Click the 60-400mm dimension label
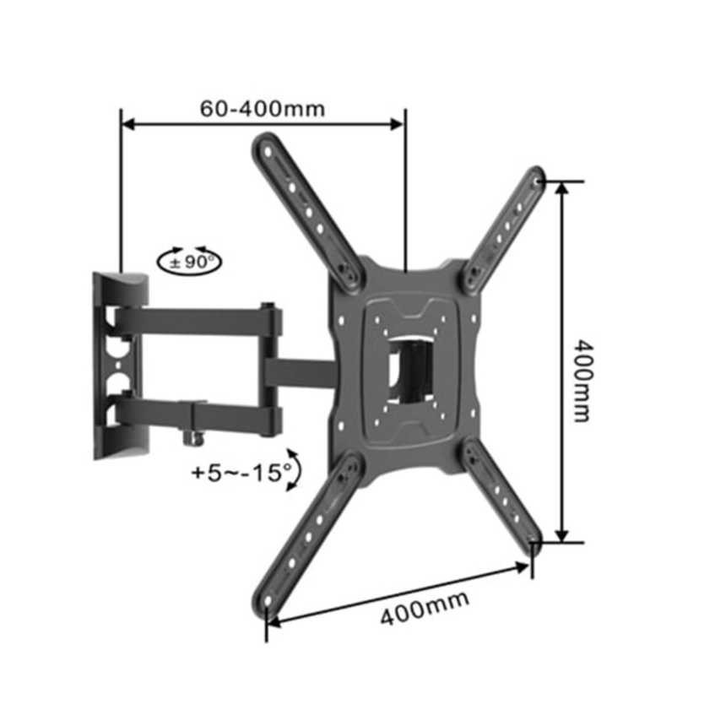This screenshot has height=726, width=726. [263, 109]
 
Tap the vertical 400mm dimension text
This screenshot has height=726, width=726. [582, 381]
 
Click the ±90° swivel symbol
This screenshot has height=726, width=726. [189, 261]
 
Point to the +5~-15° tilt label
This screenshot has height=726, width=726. [241, 474]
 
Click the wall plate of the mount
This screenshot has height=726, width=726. [120, 365]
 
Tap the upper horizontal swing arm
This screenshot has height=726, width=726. [198, 322]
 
